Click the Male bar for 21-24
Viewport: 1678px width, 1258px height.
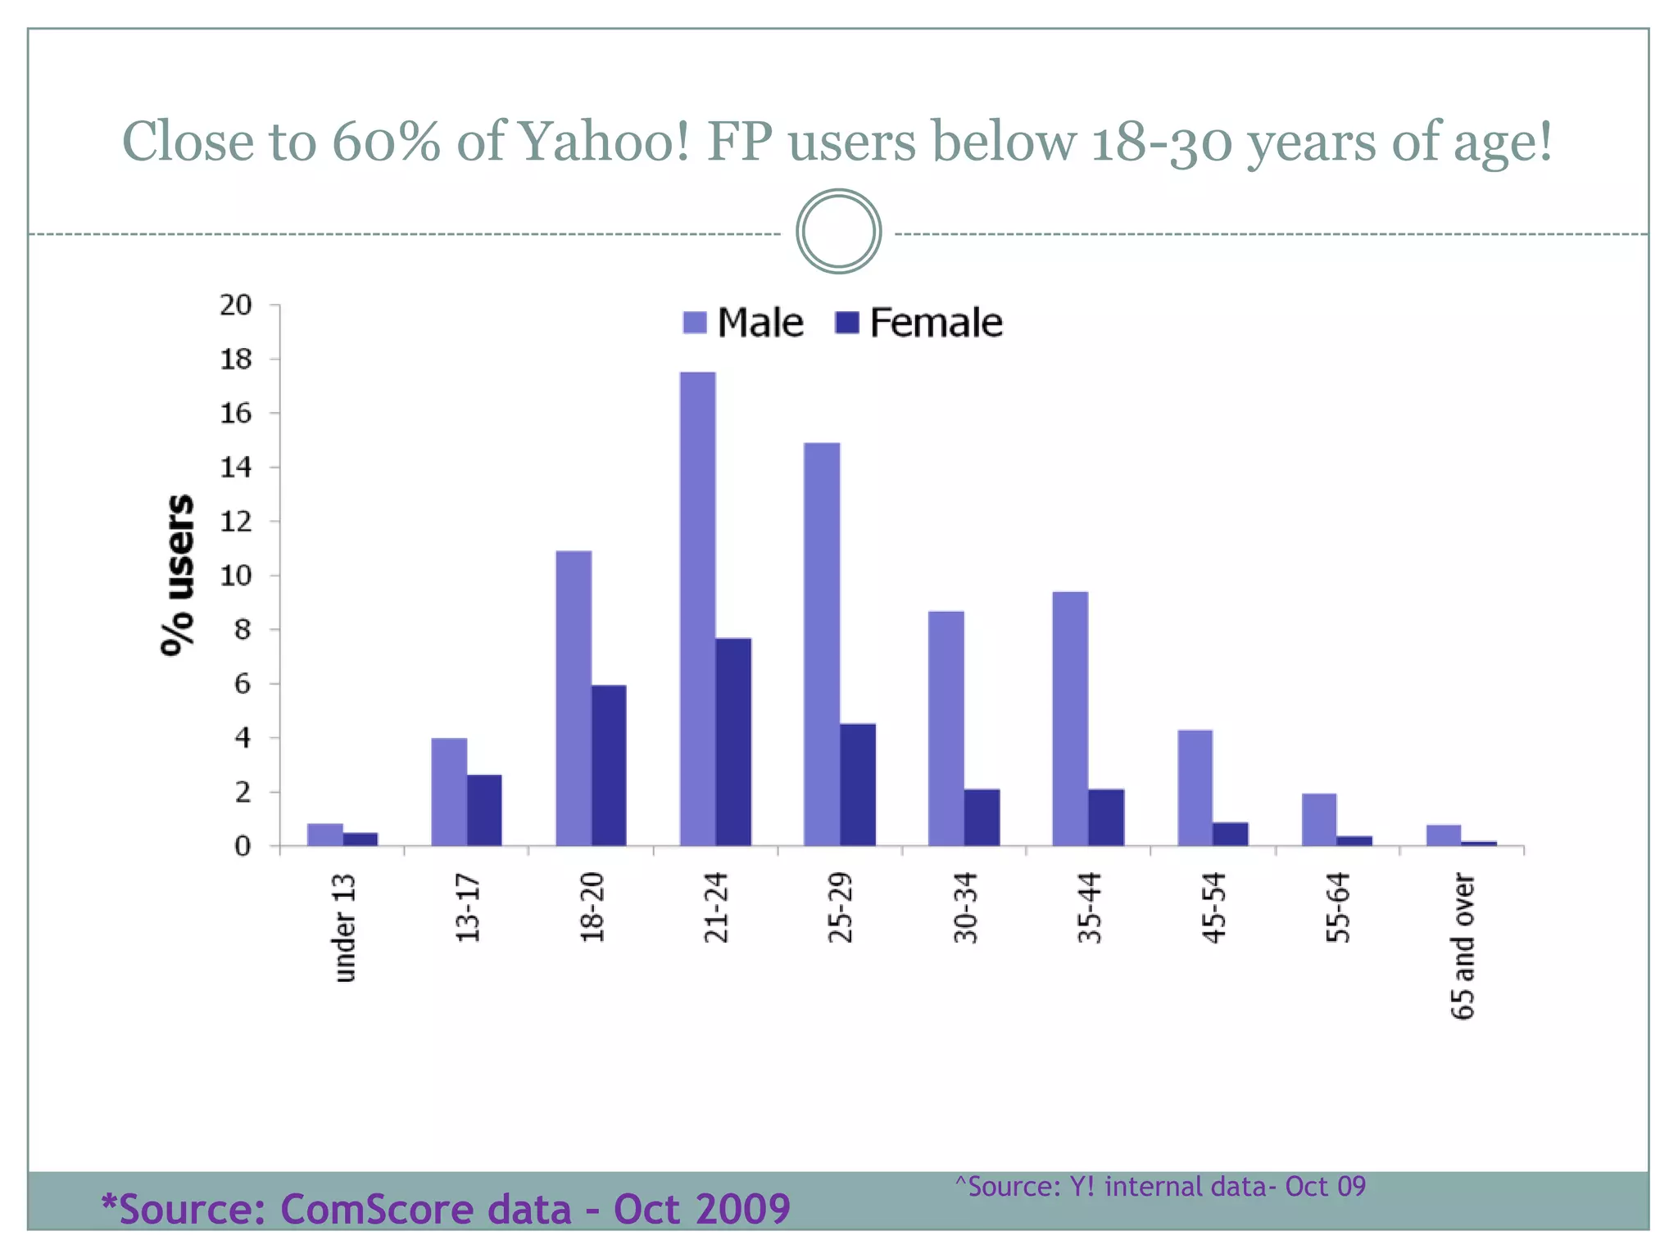(697, 609)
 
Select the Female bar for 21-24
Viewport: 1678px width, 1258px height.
(733, 741)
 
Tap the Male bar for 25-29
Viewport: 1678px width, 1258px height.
(822, 644)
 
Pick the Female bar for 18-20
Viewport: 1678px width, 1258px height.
(609, 765)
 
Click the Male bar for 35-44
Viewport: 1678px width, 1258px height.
(1070, 718)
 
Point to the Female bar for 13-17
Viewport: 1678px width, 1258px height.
(484, 809)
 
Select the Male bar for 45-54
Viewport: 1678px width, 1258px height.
(1195, 787)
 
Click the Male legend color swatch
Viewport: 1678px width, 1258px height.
(695, 323)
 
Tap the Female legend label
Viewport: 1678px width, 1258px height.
(936, 323)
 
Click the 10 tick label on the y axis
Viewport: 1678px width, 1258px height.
(236, 576)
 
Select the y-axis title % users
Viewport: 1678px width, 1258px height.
(177, 575)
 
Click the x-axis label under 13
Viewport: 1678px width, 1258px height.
(346, 927)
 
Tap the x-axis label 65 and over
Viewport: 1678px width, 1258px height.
(1463, 946)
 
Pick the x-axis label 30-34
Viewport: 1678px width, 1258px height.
(966, 907)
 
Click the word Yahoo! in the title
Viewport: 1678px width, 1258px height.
(605, 141)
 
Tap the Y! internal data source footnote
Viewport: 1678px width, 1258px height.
(1160, 1186)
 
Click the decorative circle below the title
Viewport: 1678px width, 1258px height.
(838, 232)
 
